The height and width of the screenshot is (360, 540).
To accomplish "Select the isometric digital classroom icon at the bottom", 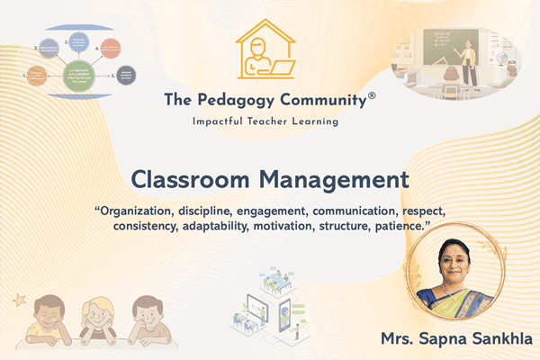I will pyautogui.click(x=270, y=301).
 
